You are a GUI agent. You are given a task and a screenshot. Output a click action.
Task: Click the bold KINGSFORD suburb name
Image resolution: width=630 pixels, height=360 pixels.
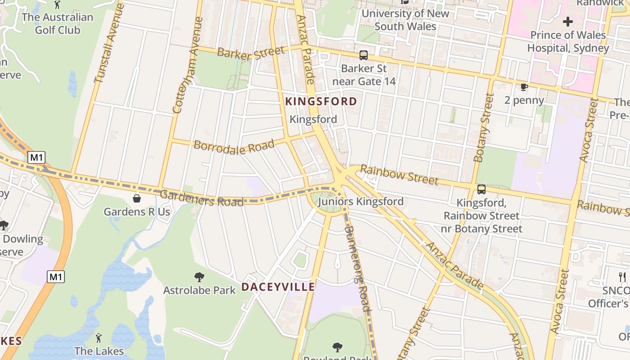pos(321,101)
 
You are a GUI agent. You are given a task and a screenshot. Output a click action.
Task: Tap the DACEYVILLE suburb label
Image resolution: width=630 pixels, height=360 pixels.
pos(278,287)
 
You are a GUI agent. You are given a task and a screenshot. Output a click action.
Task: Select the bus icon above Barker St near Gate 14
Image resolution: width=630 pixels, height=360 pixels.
pos(363,55)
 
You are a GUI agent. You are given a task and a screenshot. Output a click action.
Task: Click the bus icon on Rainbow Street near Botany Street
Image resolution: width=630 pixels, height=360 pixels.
pos(481,189)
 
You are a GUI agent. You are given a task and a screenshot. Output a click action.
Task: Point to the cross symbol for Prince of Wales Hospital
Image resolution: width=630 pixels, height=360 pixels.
pos(568,21)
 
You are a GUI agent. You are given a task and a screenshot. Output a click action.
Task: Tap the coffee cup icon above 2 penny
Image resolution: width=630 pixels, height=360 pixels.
pos(524,87)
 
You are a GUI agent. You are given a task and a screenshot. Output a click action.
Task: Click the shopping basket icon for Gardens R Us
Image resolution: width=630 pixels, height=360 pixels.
pos(136,198)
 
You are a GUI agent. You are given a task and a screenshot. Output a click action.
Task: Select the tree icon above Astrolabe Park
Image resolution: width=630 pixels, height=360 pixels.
pos(199,277)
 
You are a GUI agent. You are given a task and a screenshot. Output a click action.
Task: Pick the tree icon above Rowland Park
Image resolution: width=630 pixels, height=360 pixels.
pos(337,347)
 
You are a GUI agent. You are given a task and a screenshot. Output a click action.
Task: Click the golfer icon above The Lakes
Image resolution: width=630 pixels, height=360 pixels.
pos(99,337)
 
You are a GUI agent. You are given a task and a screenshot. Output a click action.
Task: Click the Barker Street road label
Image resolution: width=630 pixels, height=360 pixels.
pos(251,52)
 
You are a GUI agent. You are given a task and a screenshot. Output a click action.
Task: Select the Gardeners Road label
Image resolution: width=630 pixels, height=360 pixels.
pos(202,198)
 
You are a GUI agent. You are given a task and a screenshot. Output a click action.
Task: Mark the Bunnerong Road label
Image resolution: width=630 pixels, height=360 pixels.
pos(358,268)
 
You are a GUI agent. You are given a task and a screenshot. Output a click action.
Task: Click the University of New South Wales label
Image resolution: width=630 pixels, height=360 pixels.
pos(405,20)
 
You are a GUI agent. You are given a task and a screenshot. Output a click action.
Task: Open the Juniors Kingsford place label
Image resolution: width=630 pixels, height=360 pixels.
pos(360,201)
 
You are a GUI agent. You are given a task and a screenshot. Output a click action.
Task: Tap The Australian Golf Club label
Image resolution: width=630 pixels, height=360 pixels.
pos(57,23)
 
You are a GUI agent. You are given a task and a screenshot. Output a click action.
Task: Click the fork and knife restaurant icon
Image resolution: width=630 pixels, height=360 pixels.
pos(622,277)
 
